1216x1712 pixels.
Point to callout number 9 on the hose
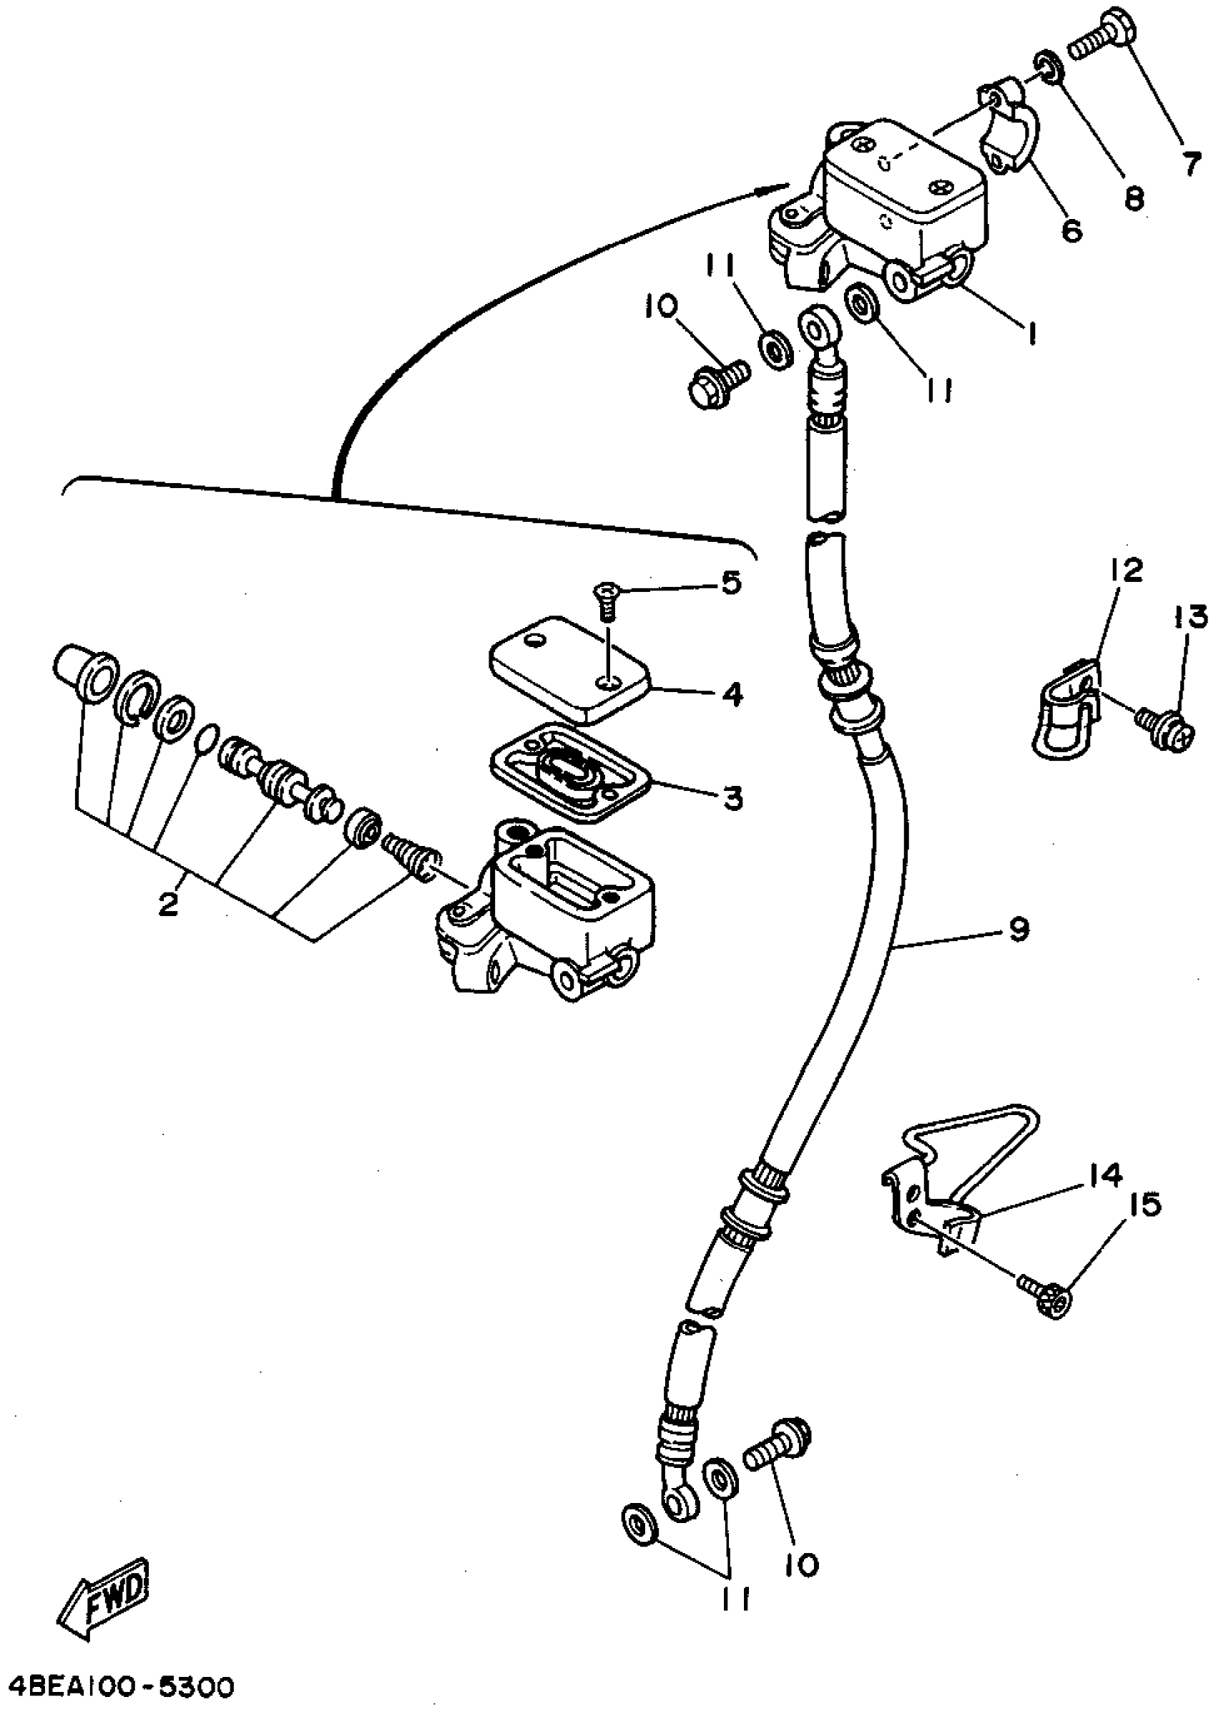pos(1019,929)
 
